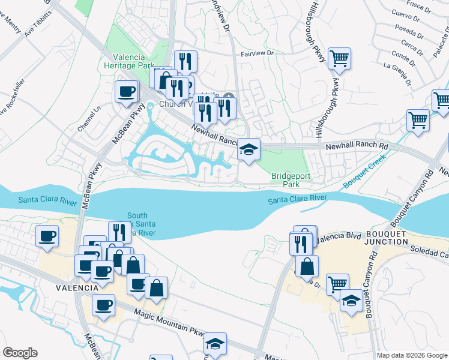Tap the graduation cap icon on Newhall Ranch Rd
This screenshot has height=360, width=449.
249,149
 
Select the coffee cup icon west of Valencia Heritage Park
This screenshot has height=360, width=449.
127,91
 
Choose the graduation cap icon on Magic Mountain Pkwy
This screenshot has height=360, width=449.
215,344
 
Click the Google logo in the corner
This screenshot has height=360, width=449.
20,353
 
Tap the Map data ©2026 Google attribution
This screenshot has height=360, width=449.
412,355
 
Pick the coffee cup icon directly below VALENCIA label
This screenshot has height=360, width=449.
103,305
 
